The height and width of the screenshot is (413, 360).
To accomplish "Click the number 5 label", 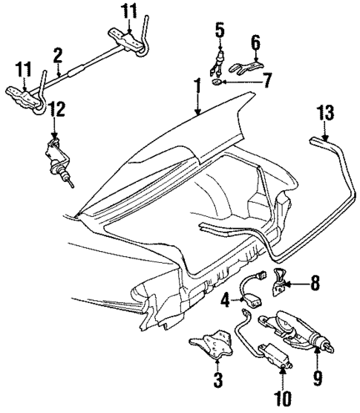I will pyautogui.click(x=219, y=30).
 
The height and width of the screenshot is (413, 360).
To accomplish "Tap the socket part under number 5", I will pyautogui.click(x=220, y=61).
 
